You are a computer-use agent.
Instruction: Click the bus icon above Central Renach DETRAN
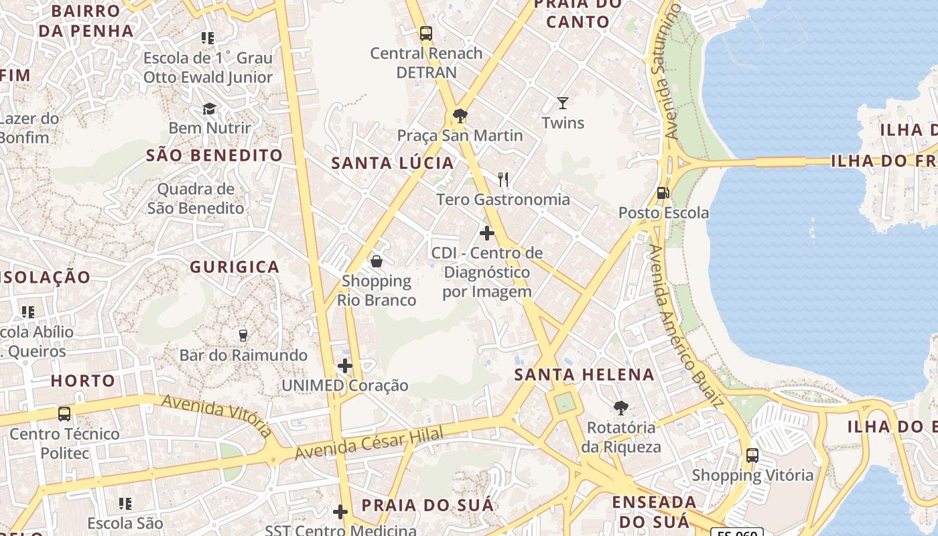pos(425,33)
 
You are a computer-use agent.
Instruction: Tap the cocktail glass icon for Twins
pos(563,103)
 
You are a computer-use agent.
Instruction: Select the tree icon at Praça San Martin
pos(460,116)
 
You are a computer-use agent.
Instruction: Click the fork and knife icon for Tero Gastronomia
pos(503,180)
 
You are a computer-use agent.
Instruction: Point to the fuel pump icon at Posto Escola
pos(663,193)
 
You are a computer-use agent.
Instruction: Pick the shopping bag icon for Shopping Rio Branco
pos(377,261)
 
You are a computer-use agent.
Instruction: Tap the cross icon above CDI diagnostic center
pos(487,233)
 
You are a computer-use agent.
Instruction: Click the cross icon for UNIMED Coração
pos(345,366)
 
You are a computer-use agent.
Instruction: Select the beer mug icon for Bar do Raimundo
pos(243,335)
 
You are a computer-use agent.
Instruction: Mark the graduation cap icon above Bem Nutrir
pos(210,109)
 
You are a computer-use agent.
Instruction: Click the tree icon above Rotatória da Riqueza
pos(621,407)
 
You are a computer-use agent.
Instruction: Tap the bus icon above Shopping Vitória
pos(752,456)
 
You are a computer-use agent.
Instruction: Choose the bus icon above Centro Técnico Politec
pos(64,414)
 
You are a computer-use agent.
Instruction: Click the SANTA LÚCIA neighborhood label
pos(393,163)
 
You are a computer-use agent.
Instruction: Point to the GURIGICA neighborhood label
pos(234,267)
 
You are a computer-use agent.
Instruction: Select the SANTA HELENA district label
pos(584,375)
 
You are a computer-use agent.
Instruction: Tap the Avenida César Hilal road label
pos(369,444)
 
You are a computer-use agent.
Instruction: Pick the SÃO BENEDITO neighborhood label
pos(214,155)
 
